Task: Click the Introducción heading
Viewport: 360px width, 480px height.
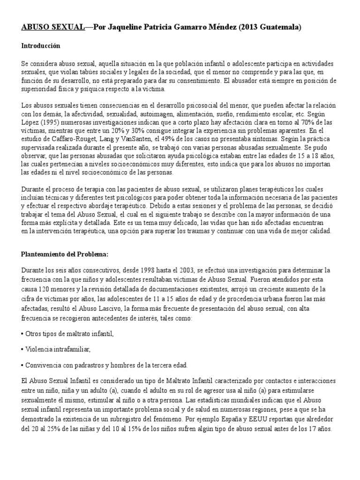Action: point(41,46)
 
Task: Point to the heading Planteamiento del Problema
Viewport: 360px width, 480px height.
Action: point(65,254)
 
